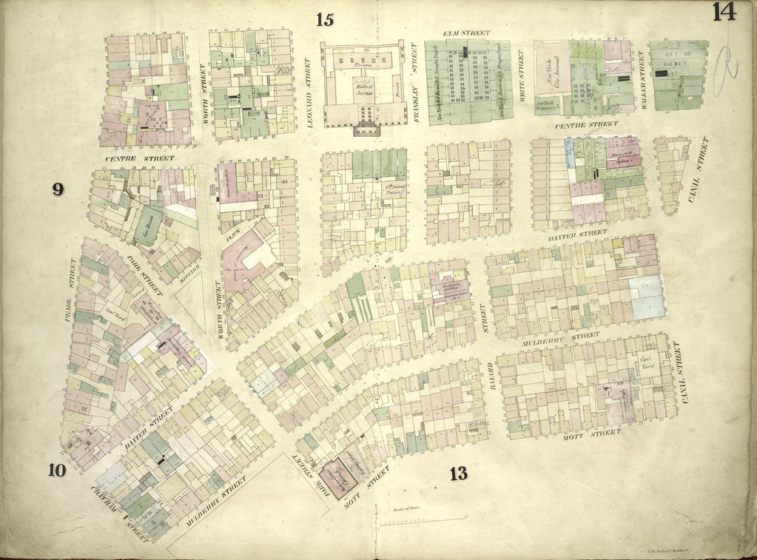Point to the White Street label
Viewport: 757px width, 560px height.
pos(522,76)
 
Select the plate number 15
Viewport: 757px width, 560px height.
pos(325,19)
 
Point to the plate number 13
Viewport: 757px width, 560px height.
pos(458,473)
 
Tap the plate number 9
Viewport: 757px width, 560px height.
pos(58,189)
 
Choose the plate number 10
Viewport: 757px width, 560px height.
pos(59,470)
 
